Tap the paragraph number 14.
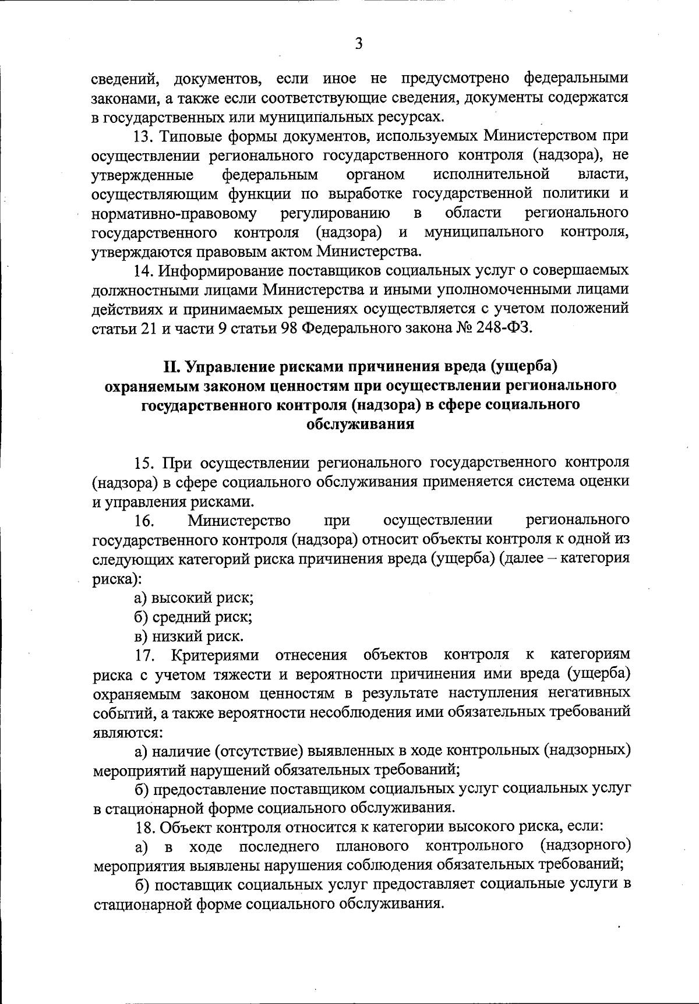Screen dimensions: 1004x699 144,271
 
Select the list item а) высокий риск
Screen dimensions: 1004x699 193,598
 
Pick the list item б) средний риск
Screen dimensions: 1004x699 193,617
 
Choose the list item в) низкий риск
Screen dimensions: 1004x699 189,636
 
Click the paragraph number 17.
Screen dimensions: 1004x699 144,655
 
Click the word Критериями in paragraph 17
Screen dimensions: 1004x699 215,655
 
